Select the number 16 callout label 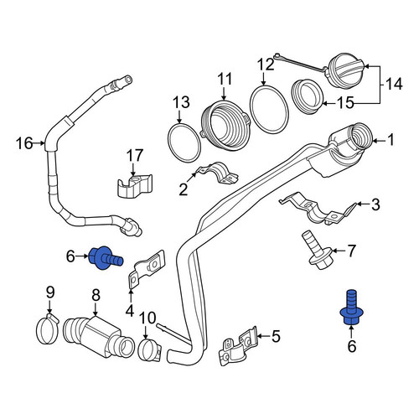24,143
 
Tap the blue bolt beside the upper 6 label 106,258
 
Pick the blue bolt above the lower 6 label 351,308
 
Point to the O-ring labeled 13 184,142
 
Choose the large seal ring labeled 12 269,109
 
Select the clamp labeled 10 149,349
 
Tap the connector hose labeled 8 99,337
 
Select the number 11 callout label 225,79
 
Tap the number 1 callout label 391,140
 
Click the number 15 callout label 345,102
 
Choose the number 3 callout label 375,204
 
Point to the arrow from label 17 132,169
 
